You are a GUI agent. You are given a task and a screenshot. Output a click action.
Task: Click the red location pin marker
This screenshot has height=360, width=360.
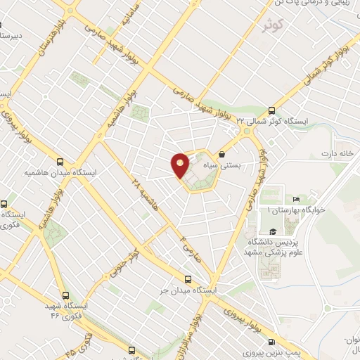[x=181, y=165]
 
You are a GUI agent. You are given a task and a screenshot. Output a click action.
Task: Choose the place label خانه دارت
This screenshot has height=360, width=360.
[x=335, y=153]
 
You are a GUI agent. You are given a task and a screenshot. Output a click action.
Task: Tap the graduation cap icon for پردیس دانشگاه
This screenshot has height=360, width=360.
[x=271, y=231]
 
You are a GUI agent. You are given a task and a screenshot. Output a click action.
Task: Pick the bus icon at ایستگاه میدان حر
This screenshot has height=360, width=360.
[x=187, y=278]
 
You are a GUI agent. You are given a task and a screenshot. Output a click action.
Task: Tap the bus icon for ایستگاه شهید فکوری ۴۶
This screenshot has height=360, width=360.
[x=65, y=296]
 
